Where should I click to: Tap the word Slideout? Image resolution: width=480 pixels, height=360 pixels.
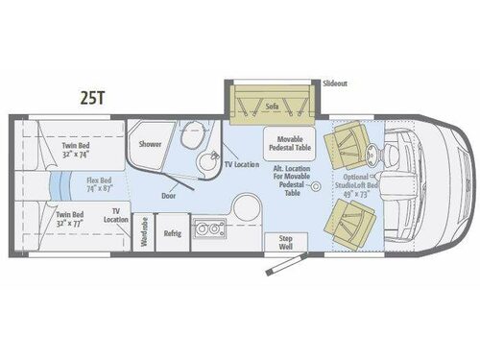(335, 84)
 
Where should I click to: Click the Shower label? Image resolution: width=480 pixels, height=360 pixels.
(151, 143)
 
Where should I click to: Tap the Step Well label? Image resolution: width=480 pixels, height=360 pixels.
(279, 243)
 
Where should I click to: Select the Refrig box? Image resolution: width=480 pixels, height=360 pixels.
(173, 233)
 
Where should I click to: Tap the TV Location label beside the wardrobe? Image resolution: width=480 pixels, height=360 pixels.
(119, 214)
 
